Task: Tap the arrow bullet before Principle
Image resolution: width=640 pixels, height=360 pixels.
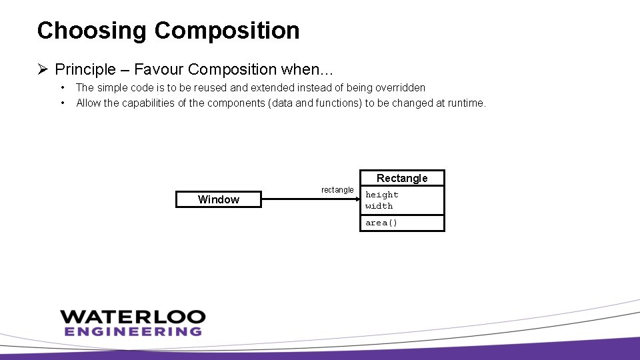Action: point(43,69)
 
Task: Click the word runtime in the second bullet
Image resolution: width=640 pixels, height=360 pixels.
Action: point(466,103)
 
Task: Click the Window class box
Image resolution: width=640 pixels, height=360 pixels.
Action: point(218,199)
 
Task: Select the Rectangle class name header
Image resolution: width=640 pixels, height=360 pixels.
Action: point(402,178)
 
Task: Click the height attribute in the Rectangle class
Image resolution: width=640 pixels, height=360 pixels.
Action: point(382,195)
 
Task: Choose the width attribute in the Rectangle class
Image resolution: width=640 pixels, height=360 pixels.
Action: point(379,206)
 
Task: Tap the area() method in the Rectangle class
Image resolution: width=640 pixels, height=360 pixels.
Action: point(381,223)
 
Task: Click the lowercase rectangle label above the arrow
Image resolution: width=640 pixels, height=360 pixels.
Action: point(337,190)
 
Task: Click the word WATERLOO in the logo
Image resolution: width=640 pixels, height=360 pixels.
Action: point(133,317)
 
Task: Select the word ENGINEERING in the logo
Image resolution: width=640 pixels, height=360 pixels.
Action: point(133,331)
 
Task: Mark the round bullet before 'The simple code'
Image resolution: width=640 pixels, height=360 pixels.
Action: point(62,87)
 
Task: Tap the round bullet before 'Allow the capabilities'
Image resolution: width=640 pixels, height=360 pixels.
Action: point(62,103)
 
